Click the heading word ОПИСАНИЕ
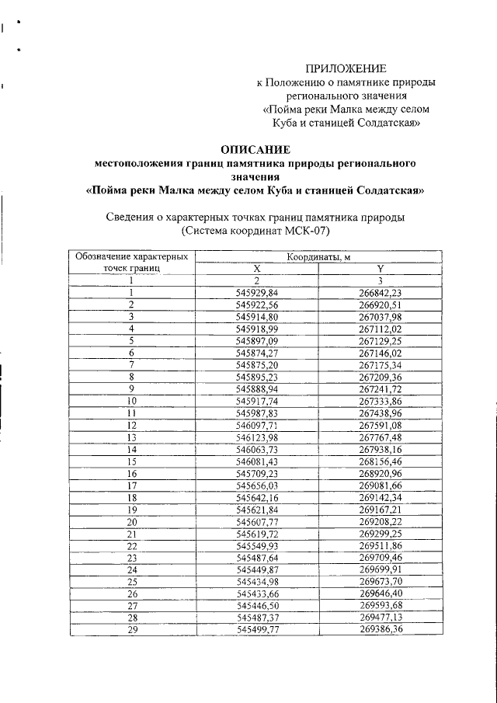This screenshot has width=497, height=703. [x=255, y=149]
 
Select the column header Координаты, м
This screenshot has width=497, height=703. [x=318, y=256]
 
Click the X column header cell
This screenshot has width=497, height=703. [x=256, y=268]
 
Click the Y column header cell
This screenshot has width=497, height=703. [x=381, y=268]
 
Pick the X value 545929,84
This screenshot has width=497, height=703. [x=256, y=293]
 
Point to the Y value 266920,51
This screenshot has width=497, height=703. [x=381, y=305]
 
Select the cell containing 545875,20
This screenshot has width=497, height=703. [x=256, y=364]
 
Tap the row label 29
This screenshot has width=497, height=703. [x=132, y=629]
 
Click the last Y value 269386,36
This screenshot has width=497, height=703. [x=381, y=629]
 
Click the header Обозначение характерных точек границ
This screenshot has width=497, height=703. [x=131, y=261]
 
